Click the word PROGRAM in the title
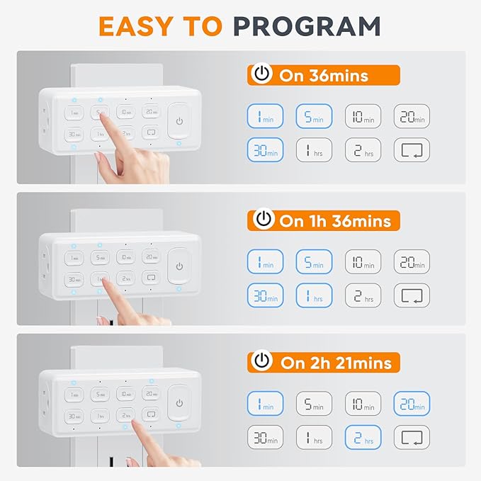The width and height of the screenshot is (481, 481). coord(307,26)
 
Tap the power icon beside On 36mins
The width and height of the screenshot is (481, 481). coord(262,74)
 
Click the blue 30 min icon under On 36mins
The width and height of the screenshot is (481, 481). coord(265,150)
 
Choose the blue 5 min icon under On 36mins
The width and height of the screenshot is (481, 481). coord(314,116)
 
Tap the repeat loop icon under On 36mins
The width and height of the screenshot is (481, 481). coord(412,150)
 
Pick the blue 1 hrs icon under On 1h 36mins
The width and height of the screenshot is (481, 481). coord(314,295)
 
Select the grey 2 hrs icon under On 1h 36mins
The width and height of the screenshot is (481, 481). coord(363,295)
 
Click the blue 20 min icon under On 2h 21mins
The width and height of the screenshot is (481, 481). coord(412,404)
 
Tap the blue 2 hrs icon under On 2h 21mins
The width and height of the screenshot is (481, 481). coord(363,438)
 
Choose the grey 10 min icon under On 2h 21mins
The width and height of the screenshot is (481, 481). coord(363,404)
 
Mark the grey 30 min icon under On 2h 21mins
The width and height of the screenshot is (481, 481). coord(265,438)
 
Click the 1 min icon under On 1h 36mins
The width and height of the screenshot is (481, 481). coord(265,261)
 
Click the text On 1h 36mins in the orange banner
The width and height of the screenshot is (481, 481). coord(335,220)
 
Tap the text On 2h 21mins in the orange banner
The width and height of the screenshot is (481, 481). coord(335,362)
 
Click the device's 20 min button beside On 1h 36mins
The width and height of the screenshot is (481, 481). coord(150,256)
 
